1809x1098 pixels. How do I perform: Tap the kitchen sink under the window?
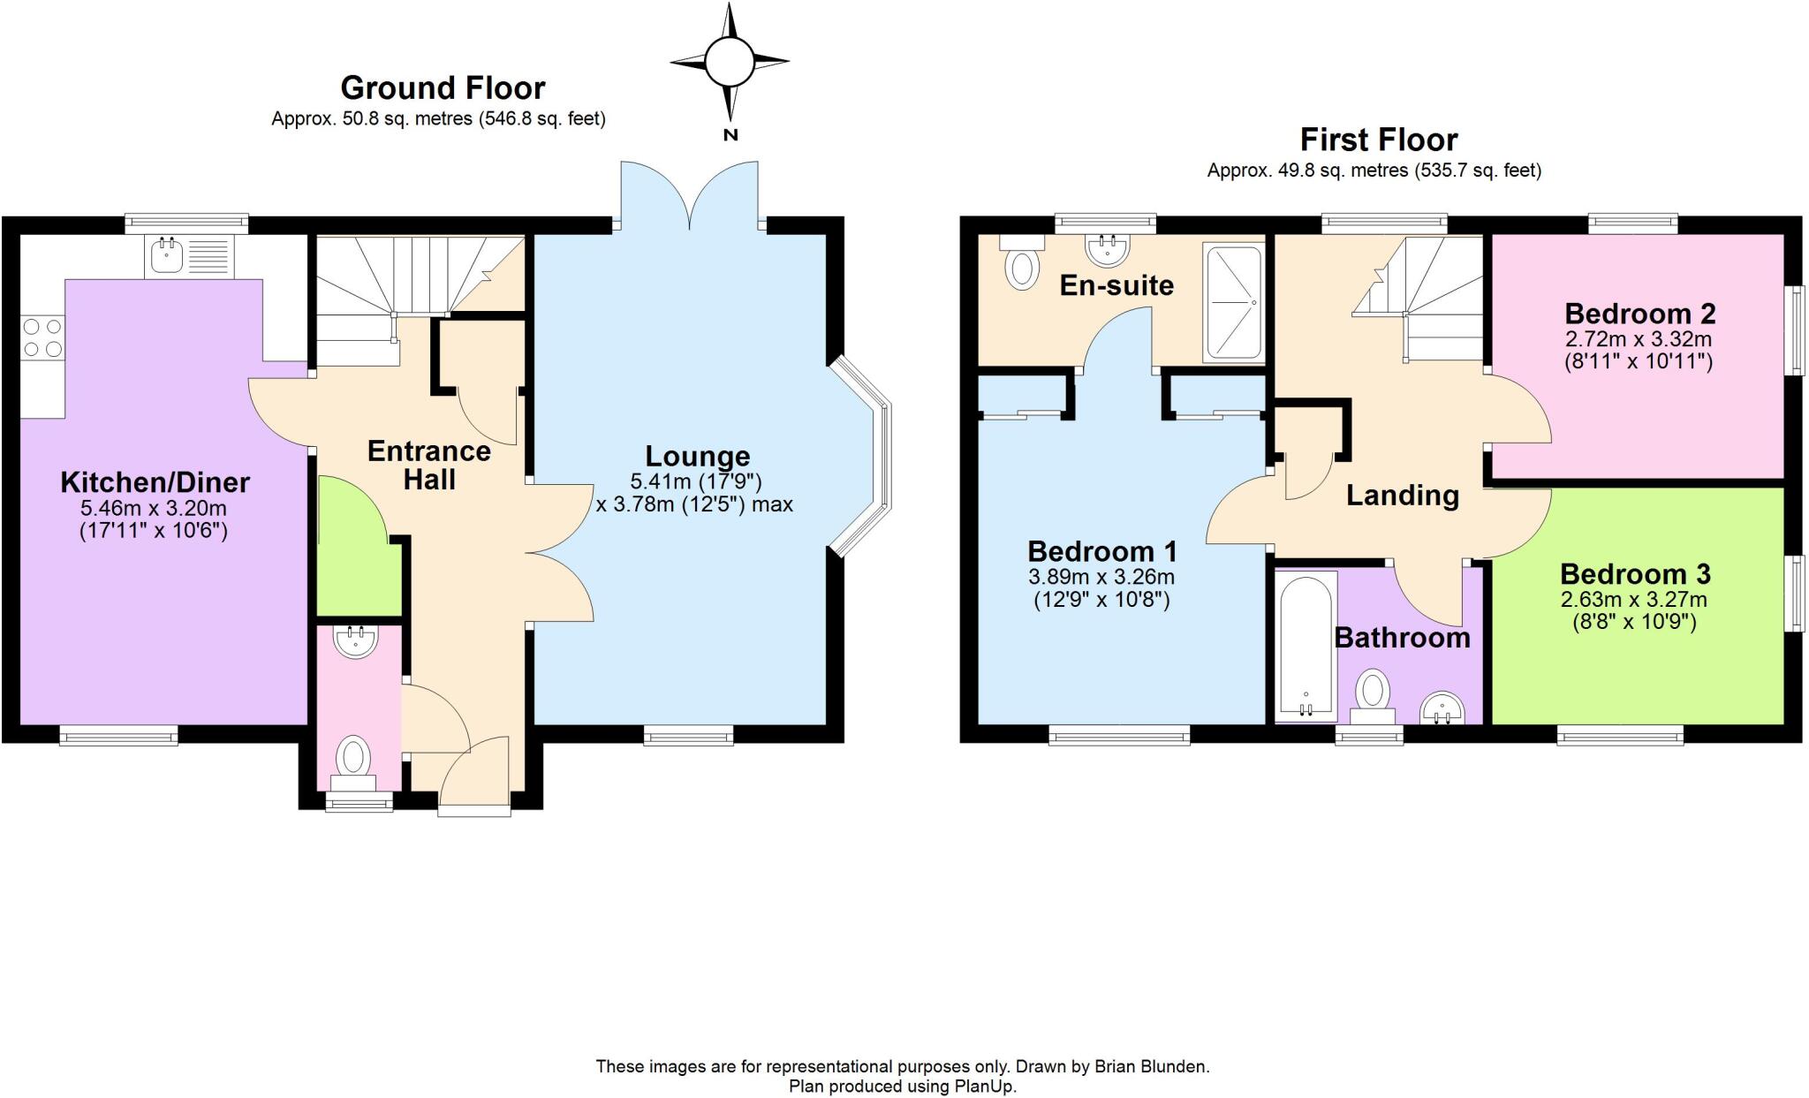(166, 257)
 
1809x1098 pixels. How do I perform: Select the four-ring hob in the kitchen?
(42, 337)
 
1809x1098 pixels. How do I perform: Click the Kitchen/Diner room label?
(155, 482)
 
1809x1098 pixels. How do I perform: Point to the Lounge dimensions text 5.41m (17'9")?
(696, 481)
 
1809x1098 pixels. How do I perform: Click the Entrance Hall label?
(429, 465)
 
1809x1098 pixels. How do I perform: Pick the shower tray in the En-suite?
(1233, 303)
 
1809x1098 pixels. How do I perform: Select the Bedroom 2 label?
(1639, 314)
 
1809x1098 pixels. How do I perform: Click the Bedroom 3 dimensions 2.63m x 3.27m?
(1633, 600)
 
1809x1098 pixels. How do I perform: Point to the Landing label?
(1402, 496)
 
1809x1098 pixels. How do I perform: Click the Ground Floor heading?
(443, 87)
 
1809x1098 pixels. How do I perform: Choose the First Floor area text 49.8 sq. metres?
(1343, 170)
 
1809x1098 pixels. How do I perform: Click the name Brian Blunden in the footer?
(1151, 1066)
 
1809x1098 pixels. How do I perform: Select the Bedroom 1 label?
(1101, 552)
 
